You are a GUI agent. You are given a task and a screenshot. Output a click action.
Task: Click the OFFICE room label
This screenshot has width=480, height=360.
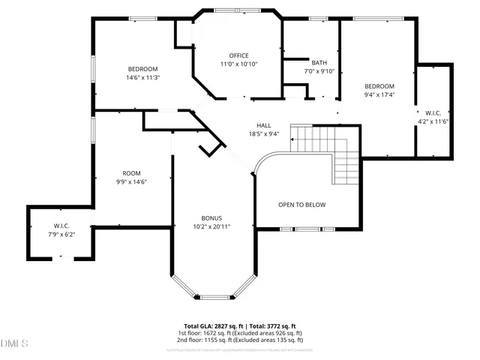(238, 55)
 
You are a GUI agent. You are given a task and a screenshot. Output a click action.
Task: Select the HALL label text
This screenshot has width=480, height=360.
(264, 125)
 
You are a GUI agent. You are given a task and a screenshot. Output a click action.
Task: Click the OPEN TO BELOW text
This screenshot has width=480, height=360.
(302, 205)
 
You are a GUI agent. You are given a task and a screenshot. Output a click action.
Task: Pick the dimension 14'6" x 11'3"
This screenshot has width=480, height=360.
(143, 77)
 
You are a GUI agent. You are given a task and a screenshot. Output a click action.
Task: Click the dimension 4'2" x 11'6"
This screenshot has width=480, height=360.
(433, 121)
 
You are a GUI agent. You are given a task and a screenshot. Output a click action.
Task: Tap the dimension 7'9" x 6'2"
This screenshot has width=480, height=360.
(61, 234)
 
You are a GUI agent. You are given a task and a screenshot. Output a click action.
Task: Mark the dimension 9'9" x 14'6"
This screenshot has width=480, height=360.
(131, 181)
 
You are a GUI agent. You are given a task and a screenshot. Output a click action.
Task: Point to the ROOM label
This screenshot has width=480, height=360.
(131, 172)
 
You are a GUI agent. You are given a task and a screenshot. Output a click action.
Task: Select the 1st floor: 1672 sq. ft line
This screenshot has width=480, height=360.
(240, 333)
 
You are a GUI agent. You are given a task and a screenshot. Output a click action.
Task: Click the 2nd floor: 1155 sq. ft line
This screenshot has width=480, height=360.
(240, 339)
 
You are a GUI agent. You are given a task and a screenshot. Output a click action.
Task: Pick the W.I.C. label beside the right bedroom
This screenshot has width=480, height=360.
(433, 112)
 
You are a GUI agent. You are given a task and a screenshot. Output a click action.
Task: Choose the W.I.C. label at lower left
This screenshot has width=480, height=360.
(61, 226)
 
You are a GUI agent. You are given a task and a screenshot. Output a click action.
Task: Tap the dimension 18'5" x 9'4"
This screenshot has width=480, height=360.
(264, 134)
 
